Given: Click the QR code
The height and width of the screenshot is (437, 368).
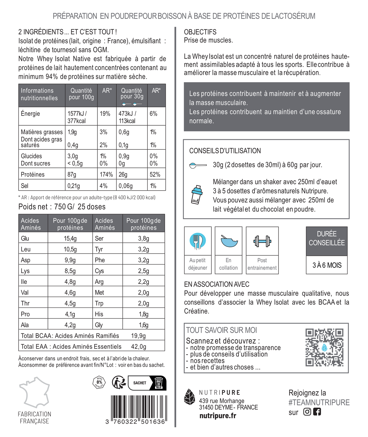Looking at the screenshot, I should [324, 347].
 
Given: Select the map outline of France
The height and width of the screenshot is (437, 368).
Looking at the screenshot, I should [35, 392].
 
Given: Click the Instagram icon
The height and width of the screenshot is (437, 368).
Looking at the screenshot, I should [307, 412].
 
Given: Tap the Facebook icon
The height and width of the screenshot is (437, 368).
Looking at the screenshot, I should [317, 412].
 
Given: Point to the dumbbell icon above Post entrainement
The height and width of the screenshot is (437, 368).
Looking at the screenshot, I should [262, 241].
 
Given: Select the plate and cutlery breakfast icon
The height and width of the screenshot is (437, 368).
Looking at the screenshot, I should [198, 241].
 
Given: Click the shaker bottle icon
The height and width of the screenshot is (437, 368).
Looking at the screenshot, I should [197, 195].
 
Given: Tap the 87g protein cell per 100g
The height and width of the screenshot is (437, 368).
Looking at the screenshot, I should [72, 174].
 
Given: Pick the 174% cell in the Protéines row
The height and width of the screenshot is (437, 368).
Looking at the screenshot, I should [106, 174].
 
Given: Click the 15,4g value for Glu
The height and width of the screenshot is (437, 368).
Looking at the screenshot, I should [70, 238].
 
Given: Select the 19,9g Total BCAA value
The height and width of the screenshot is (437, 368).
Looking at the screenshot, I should [138, 336].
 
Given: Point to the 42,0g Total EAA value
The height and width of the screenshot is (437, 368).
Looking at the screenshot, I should [138, 347].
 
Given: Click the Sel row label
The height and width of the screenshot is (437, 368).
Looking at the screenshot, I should [25, 186].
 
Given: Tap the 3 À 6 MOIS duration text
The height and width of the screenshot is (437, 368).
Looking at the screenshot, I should [327, 265].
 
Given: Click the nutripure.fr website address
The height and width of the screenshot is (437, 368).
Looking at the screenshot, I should [218, 416].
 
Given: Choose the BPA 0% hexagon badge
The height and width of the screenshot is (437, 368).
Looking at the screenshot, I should [99, 382].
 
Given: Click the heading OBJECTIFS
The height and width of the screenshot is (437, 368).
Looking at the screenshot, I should [200, 32].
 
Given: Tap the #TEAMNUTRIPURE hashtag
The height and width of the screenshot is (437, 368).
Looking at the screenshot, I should [319, 402].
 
